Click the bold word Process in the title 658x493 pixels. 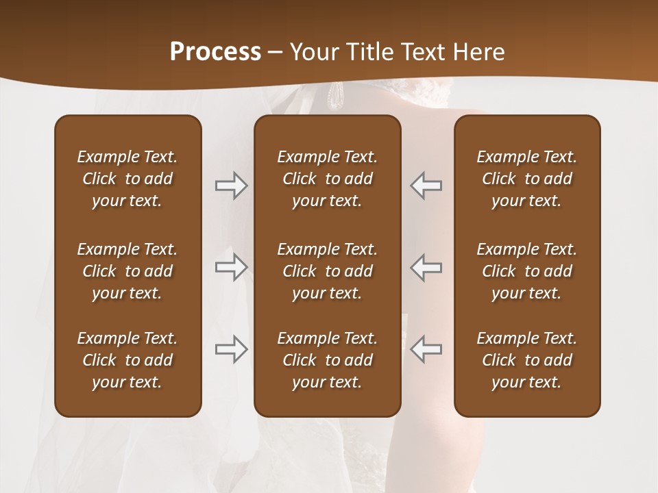coord(215,52)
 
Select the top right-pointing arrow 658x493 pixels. coord(231,186)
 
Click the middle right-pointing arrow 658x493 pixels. coord(231,267)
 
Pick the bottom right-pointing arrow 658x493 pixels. coord(231,349)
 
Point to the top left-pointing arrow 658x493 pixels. coord(426,186)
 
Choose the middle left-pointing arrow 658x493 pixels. coord(426,267)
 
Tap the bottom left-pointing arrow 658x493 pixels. coord(426,349)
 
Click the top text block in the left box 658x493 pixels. coord(127,179)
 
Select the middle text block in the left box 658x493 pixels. coord(127,271)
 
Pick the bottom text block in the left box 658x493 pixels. coord(127,360)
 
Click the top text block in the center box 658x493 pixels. coord(327,179)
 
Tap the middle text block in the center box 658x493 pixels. coord(327,271)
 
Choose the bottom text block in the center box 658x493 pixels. coord(327,360)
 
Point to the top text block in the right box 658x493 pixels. coord(526,179)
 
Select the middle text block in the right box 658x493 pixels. coord(526,271)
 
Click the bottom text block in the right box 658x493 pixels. coord(526,360)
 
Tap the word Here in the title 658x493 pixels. coord(481,52)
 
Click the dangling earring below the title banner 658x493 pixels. coord(336,95)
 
